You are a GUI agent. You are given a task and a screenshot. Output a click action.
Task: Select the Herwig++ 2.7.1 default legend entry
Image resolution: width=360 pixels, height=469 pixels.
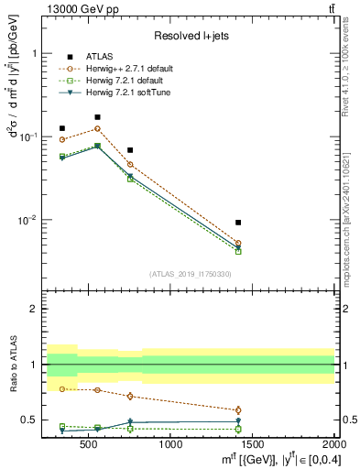tap(125, 68)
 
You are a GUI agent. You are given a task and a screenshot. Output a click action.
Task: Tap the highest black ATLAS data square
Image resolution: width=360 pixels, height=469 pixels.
tap(97, 117)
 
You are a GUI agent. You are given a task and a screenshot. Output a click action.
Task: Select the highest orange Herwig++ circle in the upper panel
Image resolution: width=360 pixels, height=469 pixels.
tap(97, 128)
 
